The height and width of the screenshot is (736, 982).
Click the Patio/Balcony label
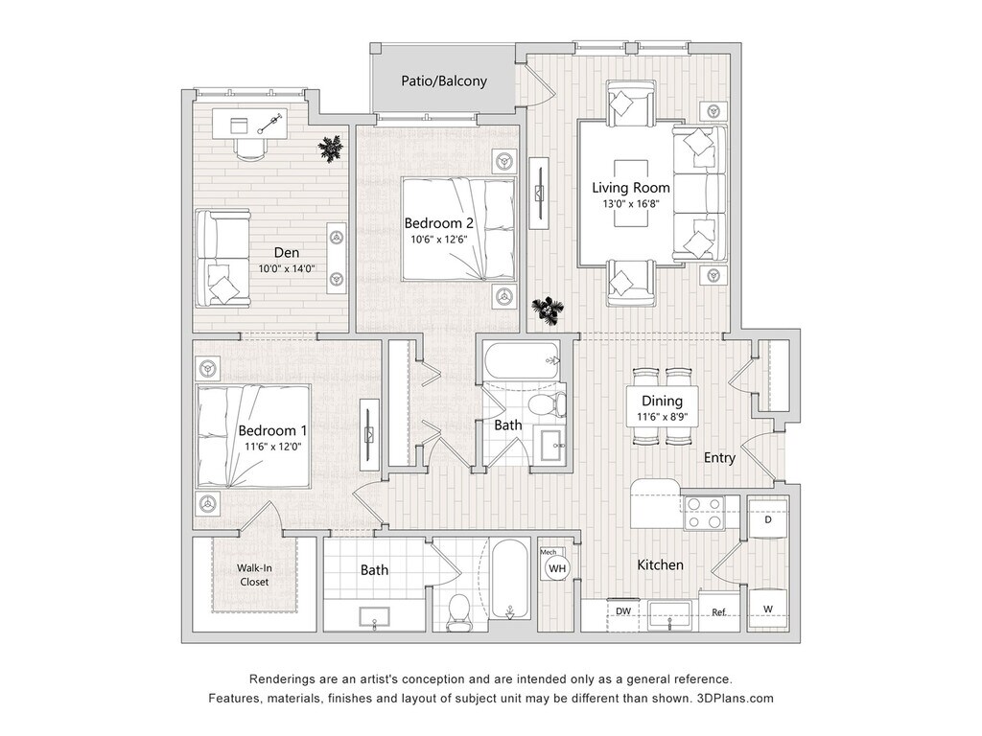coord(444,81)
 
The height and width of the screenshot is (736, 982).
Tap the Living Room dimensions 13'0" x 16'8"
coord(631,203)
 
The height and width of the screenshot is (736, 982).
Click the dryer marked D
coord(768,520)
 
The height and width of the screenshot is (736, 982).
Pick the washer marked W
coord(768,609)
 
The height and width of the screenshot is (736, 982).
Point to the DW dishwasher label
coord(622,610)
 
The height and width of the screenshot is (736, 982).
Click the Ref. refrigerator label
coord(719,612)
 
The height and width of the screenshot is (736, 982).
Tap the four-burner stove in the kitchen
coord(703,513)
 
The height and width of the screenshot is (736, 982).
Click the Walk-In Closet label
coord(254,575)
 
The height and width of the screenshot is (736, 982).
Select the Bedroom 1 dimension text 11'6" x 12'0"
coord(273,447)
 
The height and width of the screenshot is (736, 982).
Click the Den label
coord(287,253)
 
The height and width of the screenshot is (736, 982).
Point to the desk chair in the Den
coord(250,148)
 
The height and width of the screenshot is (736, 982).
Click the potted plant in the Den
coord(331,149)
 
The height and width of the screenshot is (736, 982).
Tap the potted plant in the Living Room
coord(548,311)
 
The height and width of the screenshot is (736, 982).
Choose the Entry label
coord(719,457)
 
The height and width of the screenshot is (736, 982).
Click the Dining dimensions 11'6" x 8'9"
coord(662,417)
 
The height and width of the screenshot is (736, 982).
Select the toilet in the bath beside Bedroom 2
coord(546,404)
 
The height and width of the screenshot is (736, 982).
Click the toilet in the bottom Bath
coord(459,611)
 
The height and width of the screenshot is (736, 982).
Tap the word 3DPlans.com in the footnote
coord(735,699)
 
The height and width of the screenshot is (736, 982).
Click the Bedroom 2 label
coord(438,223)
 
